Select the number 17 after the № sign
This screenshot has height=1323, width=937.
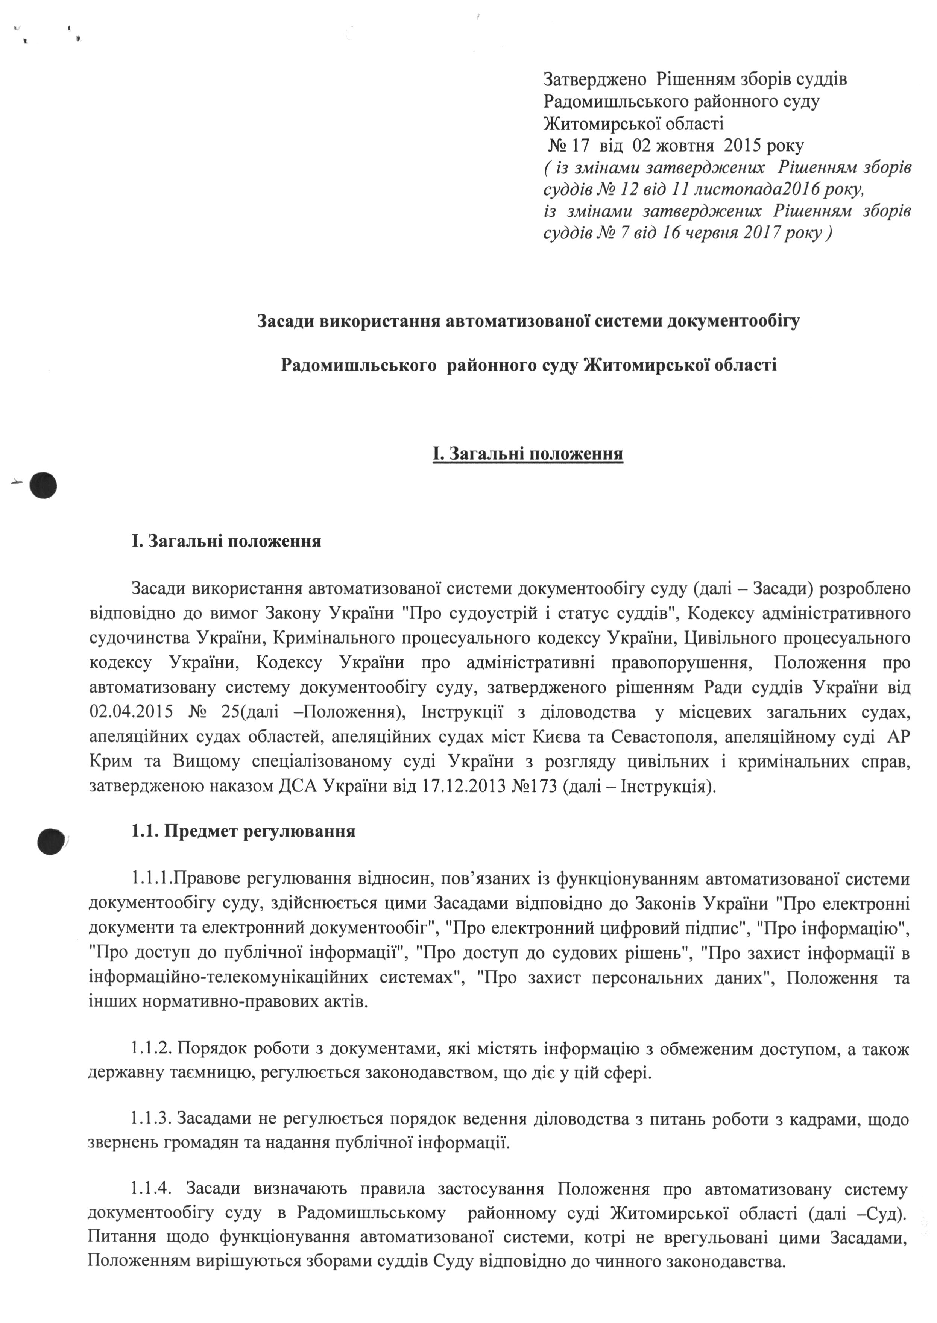577,146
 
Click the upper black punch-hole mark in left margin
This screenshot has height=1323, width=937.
44,486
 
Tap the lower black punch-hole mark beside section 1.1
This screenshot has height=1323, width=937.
50,842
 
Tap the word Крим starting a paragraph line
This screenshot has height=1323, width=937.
108,762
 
